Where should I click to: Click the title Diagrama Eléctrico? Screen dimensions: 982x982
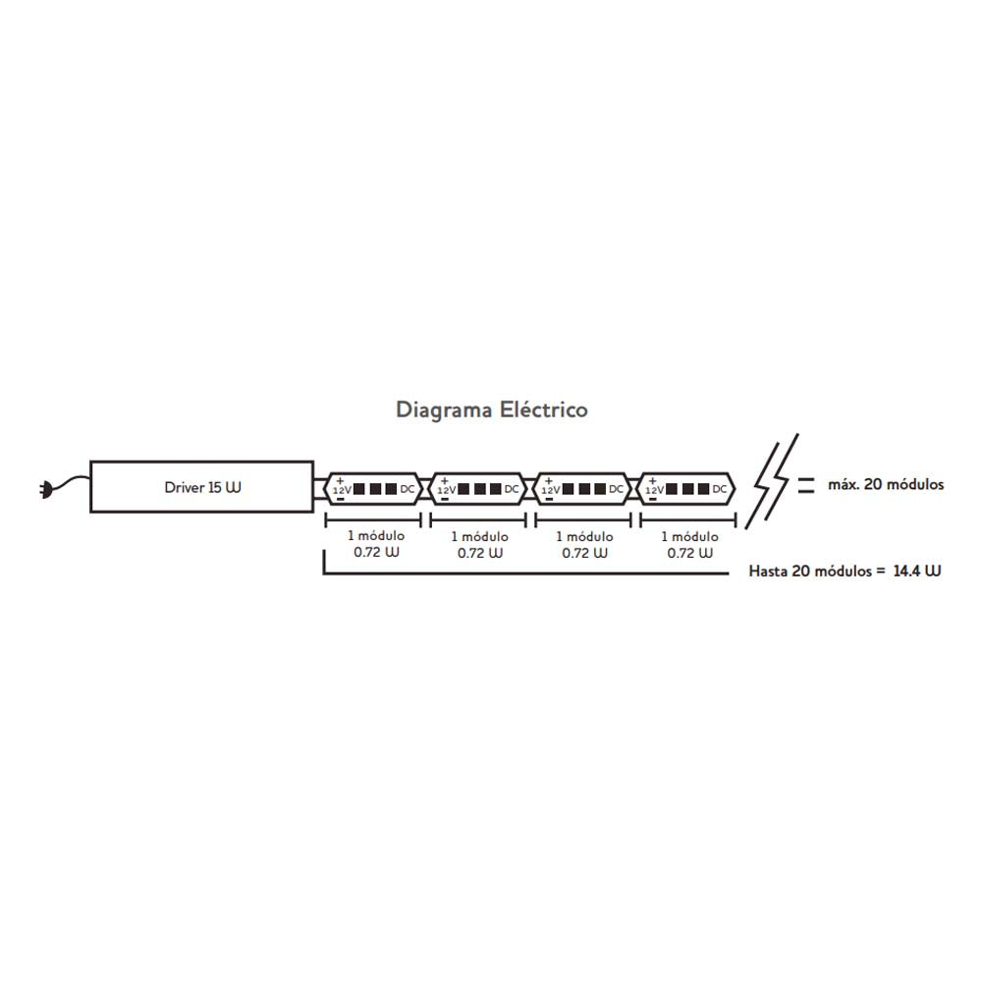492,409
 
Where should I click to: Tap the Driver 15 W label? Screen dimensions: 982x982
202,487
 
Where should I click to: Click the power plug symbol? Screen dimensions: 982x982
46,489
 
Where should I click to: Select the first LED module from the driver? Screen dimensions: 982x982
373,488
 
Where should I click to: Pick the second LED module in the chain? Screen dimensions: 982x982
478,488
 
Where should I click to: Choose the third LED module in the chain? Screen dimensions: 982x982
582,488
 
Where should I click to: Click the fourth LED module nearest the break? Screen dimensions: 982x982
686,488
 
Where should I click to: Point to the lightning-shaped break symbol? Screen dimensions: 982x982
772,481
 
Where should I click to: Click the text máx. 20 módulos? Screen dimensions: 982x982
886,484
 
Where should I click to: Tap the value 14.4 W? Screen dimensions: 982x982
917,571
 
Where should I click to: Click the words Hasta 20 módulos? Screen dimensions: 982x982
810,572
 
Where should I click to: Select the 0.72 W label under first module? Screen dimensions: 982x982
376,552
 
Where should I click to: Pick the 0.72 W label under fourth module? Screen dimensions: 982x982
690,553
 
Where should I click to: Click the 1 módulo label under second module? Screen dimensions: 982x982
480,537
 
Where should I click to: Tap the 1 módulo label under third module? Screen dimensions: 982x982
584,537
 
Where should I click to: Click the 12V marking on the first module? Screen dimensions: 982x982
343,490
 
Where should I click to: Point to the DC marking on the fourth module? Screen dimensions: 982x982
720,488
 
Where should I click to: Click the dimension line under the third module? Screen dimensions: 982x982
582,519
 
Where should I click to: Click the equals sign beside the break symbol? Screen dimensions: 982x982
806,485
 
